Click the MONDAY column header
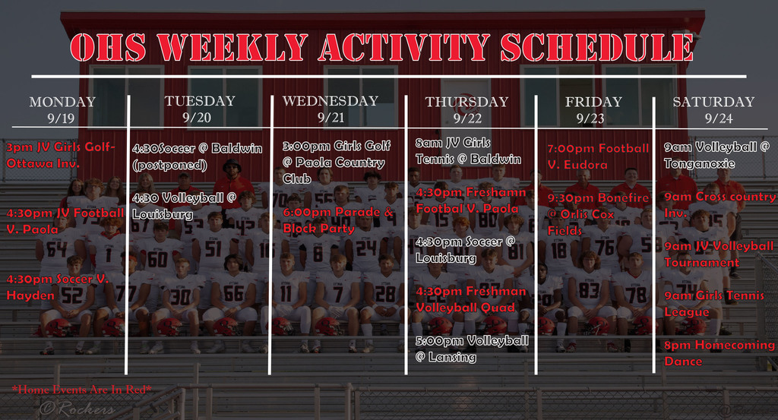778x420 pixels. [x=62, y=102]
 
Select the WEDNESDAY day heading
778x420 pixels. [x=330, y=101]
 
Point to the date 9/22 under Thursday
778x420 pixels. [x=467, y=118]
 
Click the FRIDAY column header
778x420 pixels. [x=593, y=102]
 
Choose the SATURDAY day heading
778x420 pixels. [x=713, y=102]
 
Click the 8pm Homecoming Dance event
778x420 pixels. [x=719, y=353]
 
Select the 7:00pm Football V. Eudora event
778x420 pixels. [x=598, y=156]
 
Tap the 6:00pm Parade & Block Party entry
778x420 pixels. [x=338, y=220]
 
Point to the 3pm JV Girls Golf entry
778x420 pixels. [x=61, y=154]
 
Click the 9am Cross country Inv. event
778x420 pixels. [x=719, y=204]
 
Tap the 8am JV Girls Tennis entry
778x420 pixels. [x=468, y=150]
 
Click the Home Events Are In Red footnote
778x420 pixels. [x=82, y=390]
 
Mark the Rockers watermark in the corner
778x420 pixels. [x=77, y=409]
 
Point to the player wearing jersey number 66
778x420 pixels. [x=233, y=292]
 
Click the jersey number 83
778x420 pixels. [x=588, y=290]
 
